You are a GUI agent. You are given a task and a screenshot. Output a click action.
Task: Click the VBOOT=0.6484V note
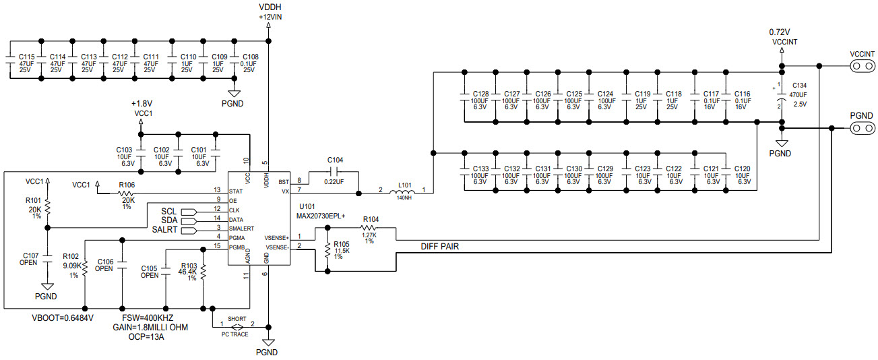pos(63,318)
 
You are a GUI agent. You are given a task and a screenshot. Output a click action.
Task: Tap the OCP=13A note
pos(147,336)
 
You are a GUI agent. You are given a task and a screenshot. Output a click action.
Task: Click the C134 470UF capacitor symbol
pos(782,96)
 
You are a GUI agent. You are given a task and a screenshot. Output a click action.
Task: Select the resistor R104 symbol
pos(369,229)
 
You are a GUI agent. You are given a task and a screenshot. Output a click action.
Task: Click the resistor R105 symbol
pos(327,251)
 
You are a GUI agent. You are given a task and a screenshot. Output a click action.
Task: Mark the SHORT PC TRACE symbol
pos(236,326)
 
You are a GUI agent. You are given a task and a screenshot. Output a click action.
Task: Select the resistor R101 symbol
pos(48,209)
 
